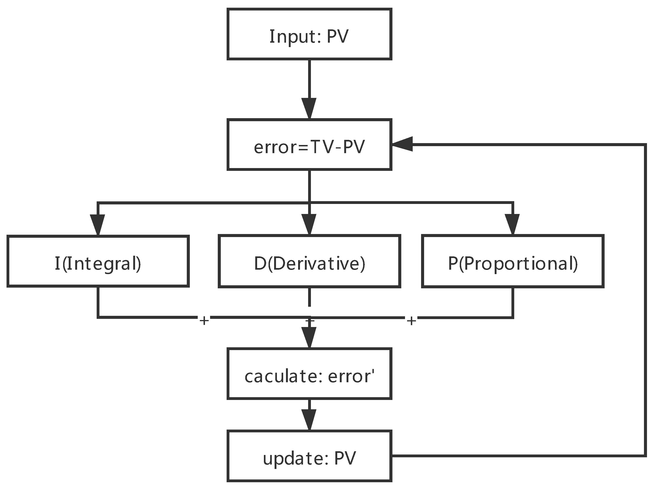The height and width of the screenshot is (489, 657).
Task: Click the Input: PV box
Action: (309, 34)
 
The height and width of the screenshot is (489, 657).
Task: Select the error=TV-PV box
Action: (309, 145)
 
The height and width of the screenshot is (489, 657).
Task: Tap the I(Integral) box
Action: (98, 261)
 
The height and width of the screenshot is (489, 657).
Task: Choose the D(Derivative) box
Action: (309, 261)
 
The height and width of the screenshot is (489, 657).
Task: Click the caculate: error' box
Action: (309, 374)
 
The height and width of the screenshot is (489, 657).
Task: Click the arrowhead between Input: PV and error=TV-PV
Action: (309, 108)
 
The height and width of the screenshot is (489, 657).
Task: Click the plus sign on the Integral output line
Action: (204, 320)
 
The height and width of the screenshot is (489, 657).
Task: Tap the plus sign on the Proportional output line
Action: (412, 320)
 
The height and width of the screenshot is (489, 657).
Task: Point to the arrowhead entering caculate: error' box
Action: (309, 337)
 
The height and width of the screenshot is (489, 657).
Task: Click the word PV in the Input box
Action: (337, 36)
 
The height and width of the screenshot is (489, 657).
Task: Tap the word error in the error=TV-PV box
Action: (277, 147)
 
